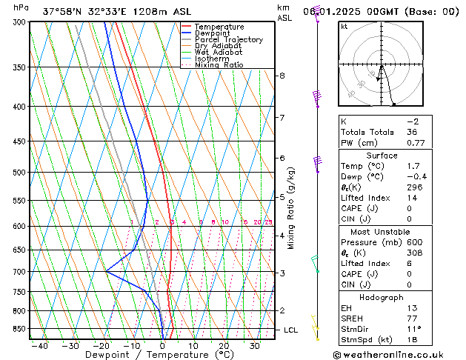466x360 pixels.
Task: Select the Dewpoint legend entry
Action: [216, 33]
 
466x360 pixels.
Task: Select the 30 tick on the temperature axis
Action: [254, 346]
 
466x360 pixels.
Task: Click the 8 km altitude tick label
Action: [282, 76]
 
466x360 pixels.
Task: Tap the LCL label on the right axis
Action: [290, 330]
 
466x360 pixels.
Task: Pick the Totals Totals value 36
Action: [412, 132]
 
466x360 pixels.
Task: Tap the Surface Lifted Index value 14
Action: [412, 199]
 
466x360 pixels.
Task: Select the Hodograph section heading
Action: [382, 297]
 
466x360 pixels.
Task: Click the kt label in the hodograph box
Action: [344, 27]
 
